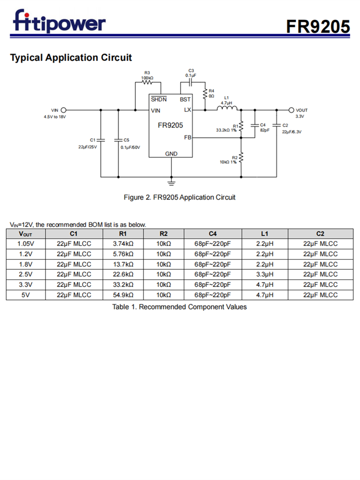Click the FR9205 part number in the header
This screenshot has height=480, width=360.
[318, 26]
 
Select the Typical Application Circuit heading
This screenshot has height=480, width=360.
[71, 58]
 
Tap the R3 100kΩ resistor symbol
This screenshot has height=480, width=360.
[147, 82]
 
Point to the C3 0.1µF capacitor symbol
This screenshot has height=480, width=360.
[191, 82]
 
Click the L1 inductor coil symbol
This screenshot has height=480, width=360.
[226, 109]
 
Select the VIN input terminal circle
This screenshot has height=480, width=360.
[64, 110]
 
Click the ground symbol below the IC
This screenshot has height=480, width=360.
[171, 181]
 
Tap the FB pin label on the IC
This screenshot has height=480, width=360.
[188, 138]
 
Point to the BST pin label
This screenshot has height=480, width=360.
[185, 99]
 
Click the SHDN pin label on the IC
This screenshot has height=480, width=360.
[159, 99]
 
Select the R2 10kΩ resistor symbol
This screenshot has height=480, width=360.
[241, 158]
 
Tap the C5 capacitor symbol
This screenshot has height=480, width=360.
[118, 140]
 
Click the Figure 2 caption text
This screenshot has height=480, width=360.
[180, 197]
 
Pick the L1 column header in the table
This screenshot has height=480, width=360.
[264, 234]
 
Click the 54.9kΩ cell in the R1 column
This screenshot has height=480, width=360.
[123, 295]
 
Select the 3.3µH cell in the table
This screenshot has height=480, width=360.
[264, 275]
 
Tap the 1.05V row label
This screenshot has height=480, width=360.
[26, 244]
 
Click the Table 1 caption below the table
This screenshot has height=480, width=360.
[180, 307]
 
